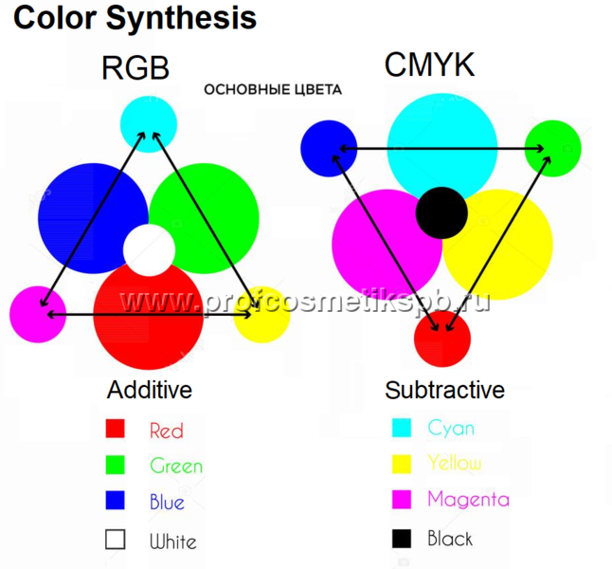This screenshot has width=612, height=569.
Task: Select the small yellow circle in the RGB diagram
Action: (261, 314)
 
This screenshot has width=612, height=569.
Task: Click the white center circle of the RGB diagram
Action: (149, 250)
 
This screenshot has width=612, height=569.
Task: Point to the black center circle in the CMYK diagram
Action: (441, 212)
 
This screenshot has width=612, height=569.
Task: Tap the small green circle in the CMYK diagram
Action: (552, 149)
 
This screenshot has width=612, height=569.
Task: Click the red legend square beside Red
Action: (115, 430)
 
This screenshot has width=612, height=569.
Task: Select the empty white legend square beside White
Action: (115, 540)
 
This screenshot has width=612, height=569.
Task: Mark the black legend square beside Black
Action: (402, 539)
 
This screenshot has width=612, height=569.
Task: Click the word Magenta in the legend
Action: (468, 499)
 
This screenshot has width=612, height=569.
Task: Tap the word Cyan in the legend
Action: (451, 428)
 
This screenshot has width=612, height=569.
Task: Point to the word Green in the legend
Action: (176, 466)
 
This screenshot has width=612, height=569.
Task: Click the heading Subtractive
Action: (444, 390)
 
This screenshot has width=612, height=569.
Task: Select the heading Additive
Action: (150, 390)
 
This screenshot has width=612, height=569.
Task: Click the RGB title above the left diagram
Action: (135, 68)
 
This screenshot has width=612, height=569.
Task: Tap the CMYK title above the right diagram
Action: (429, 65)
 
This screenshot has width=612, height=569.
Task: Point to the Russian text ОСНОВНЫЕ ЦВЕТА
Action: (273, 90)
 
